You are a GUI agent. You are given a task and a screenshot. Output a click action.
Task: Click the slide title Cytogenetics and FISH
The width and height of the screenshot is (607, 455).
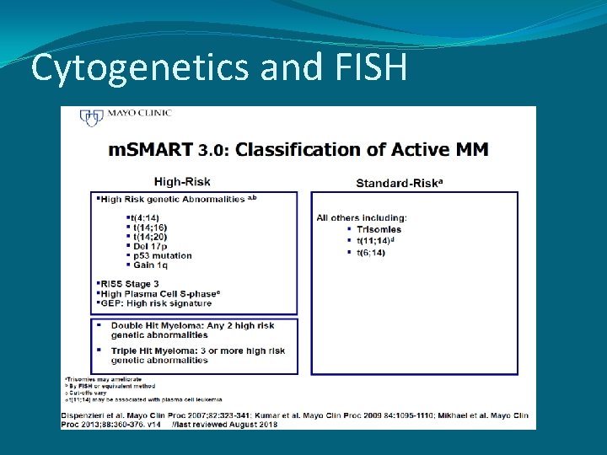pos(218,67)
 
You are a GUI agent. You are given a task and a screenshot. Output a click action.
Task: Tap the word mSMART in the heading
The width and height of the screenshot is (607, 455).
pos(151,150)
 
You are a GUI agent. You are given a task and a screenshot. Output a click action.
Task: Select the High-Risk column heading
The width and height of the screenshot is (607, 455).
pos(182,181)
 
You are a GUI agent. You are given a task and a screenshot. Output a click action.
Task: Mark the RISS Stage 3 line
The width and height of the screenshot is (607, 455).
pos(128,284)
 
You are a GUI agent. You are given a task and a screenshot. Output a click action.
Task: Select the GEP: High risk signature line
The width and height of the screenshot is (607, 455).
pos(156,302)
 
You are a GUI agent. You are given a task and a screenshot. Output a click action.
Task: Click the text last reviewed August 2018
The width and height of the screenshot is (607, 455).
pos(214,425)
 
